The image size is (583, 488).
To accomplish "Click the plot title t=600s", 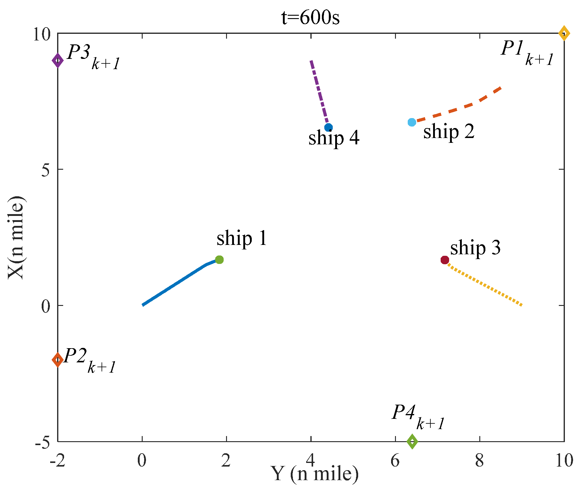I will tap(310, 18).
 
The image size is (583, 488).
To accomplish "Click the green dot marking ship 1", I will tap(219, 260).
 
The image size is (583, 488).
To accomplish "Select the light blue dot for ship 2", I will tap(412, 122).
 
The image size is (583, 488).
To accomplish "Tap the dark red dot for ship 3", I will tap(445, 260).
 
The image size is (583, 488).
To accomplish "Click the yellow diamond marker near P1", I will tap(564, 33).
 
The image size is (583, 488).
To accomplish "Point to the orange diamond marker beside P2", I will tap(57, 360).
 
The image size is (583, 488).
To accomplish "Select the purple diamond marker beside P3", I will tap(57, 60).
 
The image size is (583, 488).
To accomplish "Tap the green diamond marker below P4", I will tap(412, 441).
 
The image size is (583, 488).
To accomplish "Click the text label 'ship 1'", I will tap(242, 239).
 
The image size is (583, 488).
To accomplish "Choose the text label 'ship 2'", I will tap(449, 132).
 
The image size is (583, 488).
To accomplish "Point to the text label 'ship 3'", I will tap(475, 248).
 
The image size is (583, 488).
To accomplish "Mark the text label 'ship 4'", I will tap(334, 139).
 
